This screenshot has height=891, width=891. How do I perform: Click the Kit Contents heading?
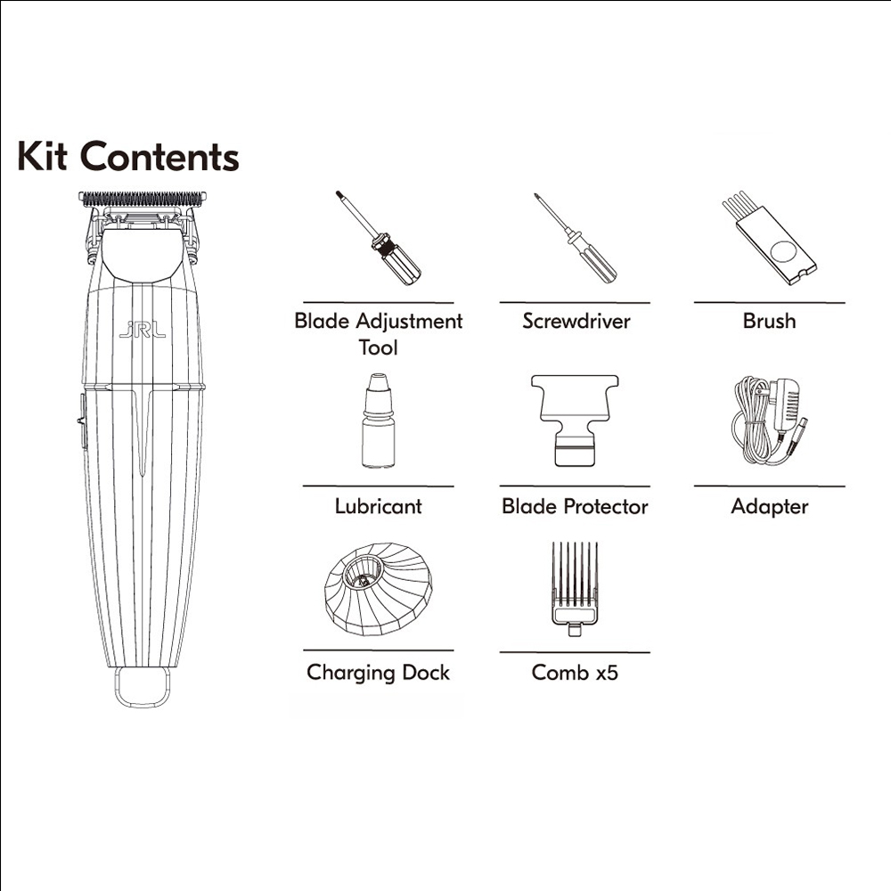click(x=127, y=156)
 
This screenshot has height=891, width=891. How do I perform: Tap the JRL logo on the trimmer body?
click(x=142, y=329)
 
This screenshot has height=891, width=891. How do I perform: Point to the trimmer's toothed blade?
click(x=142, y=199)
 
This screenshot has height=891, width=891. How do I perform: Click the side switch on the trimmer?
click(x=82, y=421)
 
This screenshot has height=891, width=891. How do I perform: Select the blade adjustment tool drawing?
click(x=378, y=238)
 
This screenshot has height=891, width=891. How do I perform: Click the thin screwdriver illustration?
click(x=575, y=238)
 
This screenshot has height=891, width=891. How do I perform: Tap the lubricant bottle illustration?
click(x=378, y=421)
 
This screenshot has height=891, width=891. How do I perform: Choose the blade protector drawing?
click(x=575, y=421)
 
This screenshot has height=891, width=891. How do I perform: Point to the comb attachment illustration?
click(x=575, y=589)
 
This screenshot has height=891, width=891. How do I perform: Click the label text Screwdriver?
click(x=576, y=321)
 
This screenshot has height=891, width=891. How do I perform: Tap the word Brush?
click(x=770, y=321)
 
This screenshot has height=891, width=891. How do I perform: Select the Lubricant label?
click(x=378, y=506)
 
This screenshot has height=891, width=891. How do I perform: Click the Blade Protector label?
click(x=575, y=506)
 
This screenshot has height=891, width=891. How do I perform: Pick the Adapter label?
click(x=770, y=507)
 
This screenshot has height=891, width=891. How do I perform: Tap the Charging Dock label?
click(x=378, y=673)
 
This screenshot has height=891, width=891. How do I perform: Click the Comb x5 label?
click(x=575, y=673)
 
